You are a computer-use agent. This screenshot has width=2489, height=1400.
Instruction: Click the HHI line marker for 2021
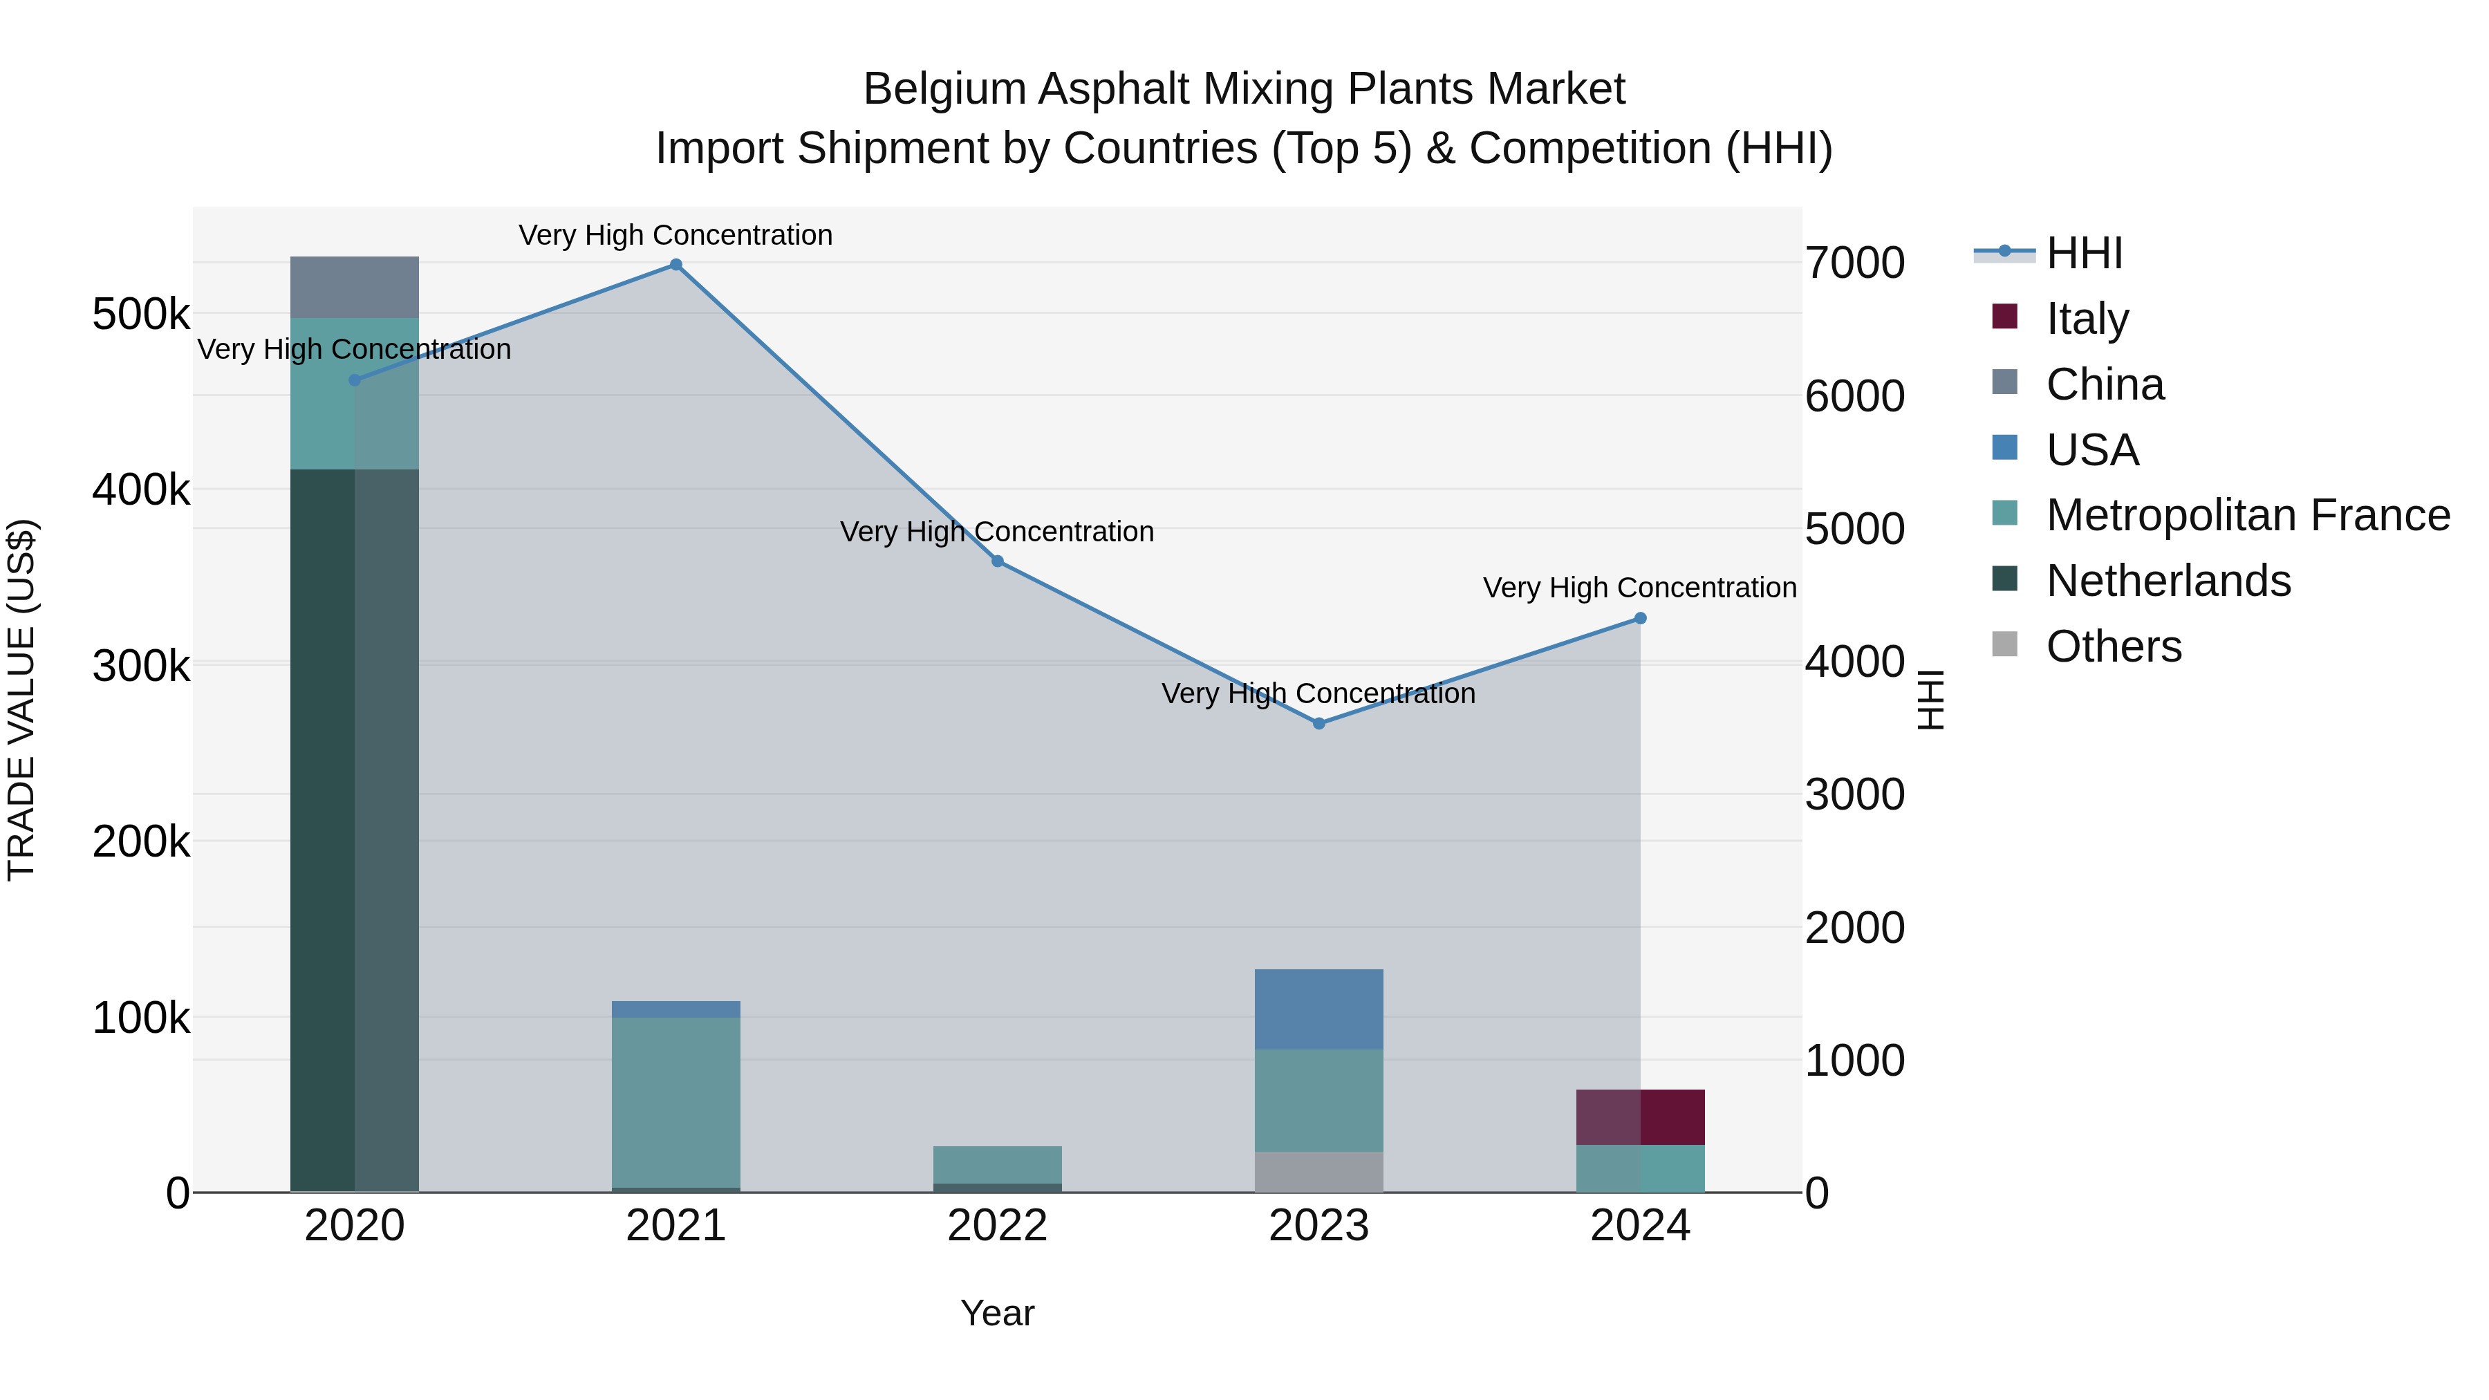click(675, 265)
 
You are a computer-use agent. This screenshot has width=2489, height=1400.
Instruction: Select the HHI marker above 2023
click(1319, 724)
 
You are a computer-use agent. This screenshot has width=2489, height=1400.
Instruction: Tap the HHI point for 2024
click(1640, 618)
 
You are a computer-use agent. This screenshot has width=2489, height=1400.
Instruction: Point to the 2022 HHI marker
click(997, 561)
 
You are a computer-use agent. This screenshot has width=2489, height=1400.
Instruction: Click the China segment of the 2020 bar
click(355, 287)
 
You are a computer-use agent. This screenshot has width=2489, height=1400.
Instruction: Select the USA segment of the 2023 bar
click(1319, 1009)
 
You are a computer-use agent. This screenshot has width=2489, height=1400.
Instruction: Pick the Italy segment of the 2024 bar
click(1640, 1117)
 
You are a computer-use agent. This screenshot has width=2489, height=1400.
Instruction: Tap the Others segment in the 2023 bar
click(1319, 1171)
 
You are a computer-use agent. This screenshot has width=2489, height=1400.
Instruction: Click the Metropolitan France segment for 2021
click(675, 1101)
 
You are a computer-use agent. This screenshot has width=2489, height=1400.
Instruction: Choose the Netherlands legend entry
click(2168, 581)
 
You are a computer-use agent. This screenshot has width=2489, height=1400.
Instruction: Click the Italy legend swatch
click(2005, 317)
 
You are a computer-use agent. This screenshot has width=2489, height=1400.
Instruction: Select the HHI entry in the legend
click(2084, 253)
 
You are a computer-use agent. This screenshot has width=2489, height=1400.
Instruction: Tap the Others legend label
click(2114, 646)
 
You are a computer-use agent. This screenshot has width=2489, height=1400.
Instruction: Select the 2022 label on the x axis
click(997, 1226)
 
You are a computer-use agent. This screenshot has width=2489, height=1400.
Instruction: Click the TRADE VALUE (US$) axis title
click(21, 700)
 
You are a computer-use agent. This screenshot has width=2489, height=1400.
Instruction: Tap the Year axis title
click(997, 1313)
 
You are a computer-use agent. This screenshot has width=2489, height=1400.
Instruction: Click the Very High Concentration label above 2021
click(675, 235)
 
